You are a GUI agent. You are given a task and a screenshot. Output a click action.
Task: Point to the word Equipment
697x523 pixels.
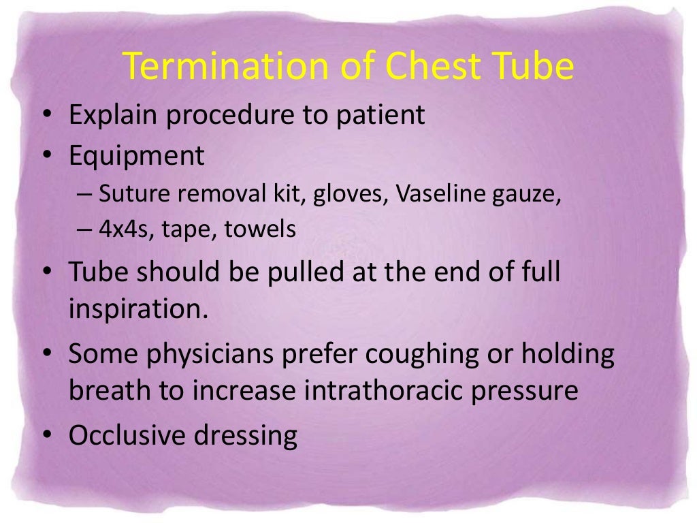136,156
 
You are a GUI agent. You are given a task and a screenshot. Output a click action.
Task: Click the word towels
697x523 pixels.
268,229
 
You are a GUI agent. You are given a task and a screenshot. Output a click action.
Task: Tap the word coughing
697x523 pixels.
422,355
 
